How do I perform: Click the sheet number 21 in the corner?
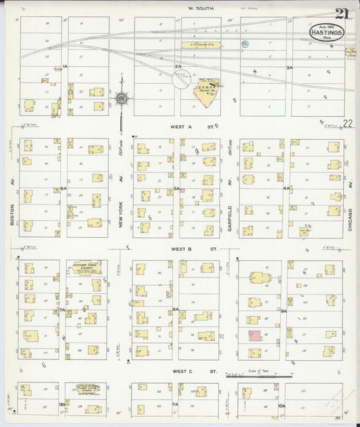point(341,13)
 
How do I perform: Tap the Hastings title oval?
point(326,32)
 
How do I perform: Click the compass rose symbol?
point(122,99)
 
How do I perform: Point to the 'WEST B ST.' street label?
point(186,249)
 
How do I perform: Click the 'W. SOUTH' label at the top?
point(201,8)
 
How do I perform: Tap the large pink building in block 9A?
point(255,336)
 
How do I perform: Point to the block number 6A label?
point(63,189)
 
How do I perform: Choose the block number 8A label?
point(175,310)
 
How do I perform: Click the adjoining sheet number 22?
point(347,123)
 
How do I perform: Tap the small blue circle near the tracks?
point(245,44)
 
